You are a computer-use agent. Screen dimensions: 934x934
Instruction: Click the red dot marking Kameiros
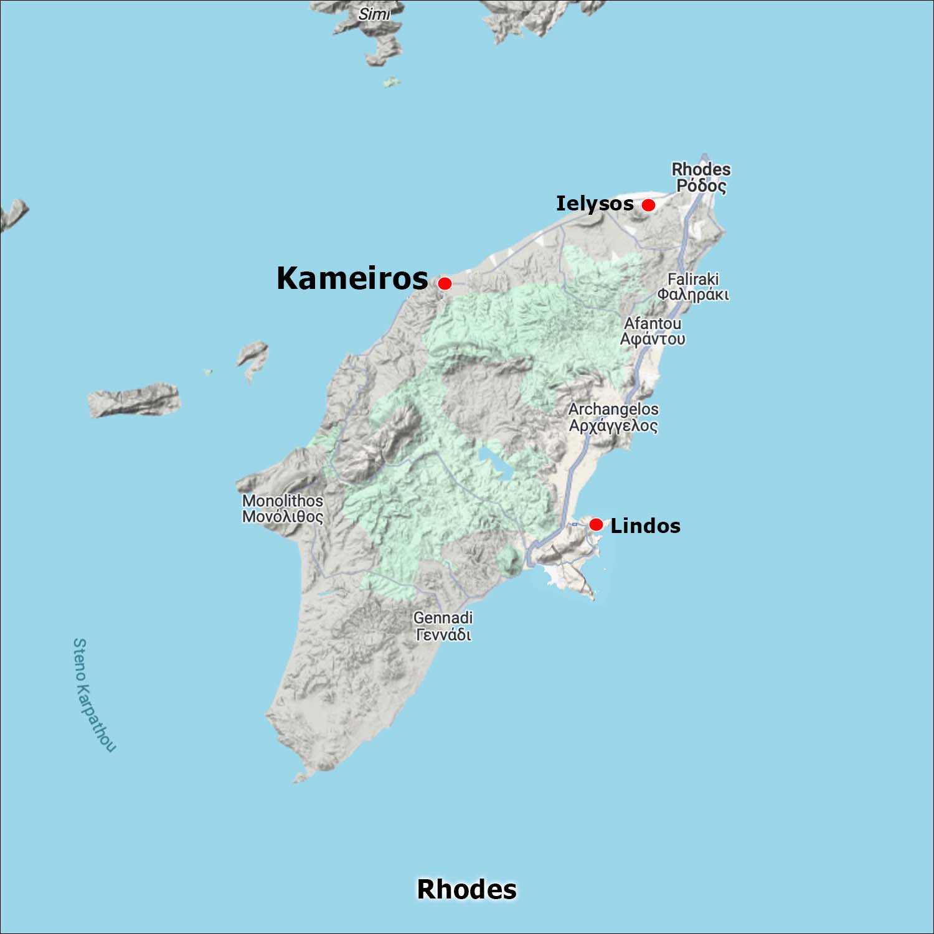(445, 283)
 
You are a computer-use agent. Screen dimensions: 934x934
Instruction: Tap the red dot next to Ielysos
(648, 205)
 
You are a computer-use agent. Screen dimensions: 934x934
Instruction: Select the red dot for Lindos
(596, 524)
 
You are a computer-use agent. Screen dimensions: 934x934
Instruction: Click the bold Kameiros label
(352, 278)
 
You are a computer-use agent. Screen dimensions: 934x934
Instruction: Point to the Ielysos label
(595, 204)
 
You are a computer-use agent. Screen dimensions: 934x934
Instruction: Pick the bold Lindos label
(645, 526)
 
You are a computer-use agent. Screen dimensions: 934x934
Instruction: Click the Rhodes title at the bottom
(466, 889)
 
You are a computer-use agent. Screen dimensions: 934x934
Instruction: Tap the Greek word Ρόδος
(701, 186)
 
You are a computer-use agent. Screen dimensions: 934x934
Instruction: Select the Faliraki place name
(693, 279)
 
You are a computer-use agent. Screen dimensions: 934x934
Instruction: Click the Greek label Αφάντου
(653, 339)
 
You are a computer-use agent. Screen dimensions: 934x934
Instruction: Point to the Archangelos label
(613, 409)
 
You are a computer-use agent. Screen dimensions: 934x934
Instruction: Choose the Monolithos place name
(283, 501)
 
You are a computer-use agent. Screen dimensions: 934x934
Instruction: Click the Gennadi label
(443, 618)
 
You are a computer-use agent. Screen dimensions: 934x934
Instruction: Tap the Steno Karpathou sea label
(93, 694)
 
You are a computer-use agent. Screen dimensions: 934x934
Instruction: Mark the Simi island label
(374, 14)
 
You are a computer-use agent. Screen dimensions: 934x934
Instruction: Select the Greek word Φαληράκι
(693, 294)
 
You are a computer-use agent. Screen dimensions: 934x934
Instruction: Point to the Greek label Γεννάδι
(443, 634)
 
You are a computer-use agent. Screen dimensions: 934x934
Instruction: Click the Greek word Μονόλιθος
(283, 517)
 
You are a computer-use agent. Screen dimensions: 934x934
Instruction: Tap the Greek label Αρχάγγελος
(613, 425)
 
